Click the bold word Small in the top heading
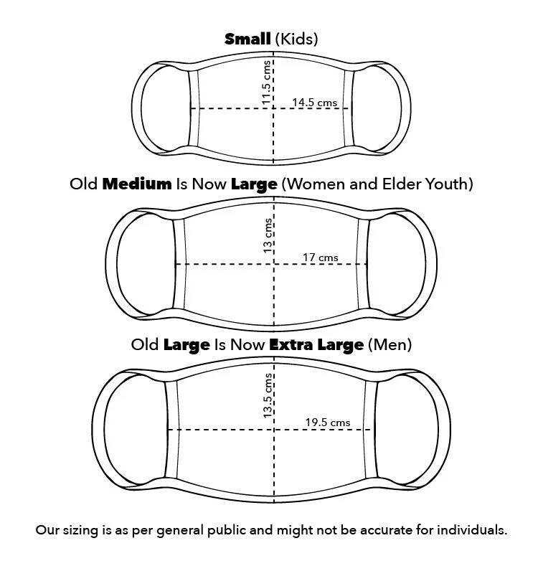(x=247, y=39)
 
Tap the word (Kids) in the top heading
(x=296, y=39)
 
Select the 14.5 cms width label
(x=314, y=103)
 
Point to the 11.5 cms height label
(x=266, y=82)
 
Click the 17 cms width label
(x=320, y=258)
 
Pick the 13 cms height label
(x=268, y=236)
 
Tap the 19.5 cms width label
(x=328, y=423)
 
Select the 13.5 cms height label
(x=268, y=395)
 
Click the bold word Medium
(x=137, y=184)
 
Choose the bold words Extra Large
(x=316, y=345)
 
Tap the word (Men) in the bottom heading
(x=390, y=345)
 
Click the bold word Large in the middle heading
(x=254, y=185)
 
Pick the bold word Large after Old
(x=187, y=346)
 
